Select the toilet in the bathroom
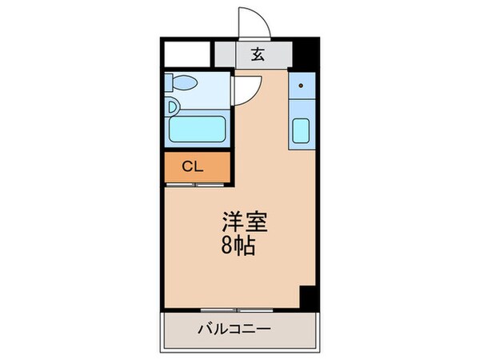point(183,82)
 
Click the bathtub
point(198,129)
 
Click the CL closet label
point(192,167)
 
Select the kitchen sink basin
point(302,130)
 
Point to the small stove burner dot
point(301,85)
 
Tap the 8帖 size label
point(239,246)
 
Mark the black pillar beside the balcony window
point(306,298)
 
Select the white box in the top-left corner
point(187,54)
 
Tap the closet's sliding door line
point(197,185)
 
